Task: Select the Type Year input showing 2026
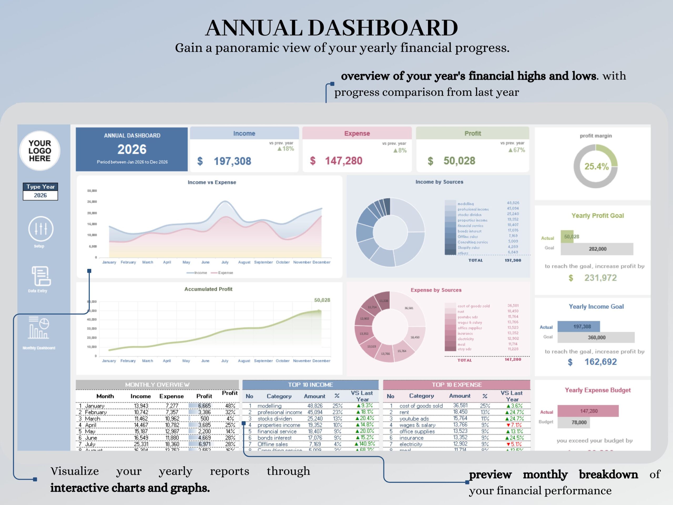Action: click(40, 195)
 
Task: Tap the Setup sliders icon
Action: click(40, 229)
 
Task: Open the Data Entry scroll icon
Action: click(41, 276)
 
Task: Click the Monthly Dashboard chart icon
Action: click(39, 328)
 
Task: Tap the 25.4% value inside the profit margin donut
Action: click(596, 166)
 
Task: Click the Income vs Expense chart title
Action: click(212, 182)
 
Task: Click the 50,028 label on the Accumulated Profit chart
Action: click(322, 300)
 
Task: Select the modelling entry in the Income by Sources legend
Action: click(466, 204)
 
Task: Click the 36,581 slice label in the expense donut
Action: click(409, 308)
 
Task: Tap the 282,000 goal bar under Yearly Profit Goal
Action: click(597, 249)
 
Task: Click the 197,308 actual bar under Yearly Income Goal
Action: click(579, 327)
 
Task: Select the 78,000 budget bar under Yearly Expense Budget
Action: click(574, 422)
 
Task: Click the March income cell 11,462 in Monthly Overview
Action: click(141, 419)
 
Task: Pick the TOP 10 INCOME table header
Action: click(310, 385)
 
